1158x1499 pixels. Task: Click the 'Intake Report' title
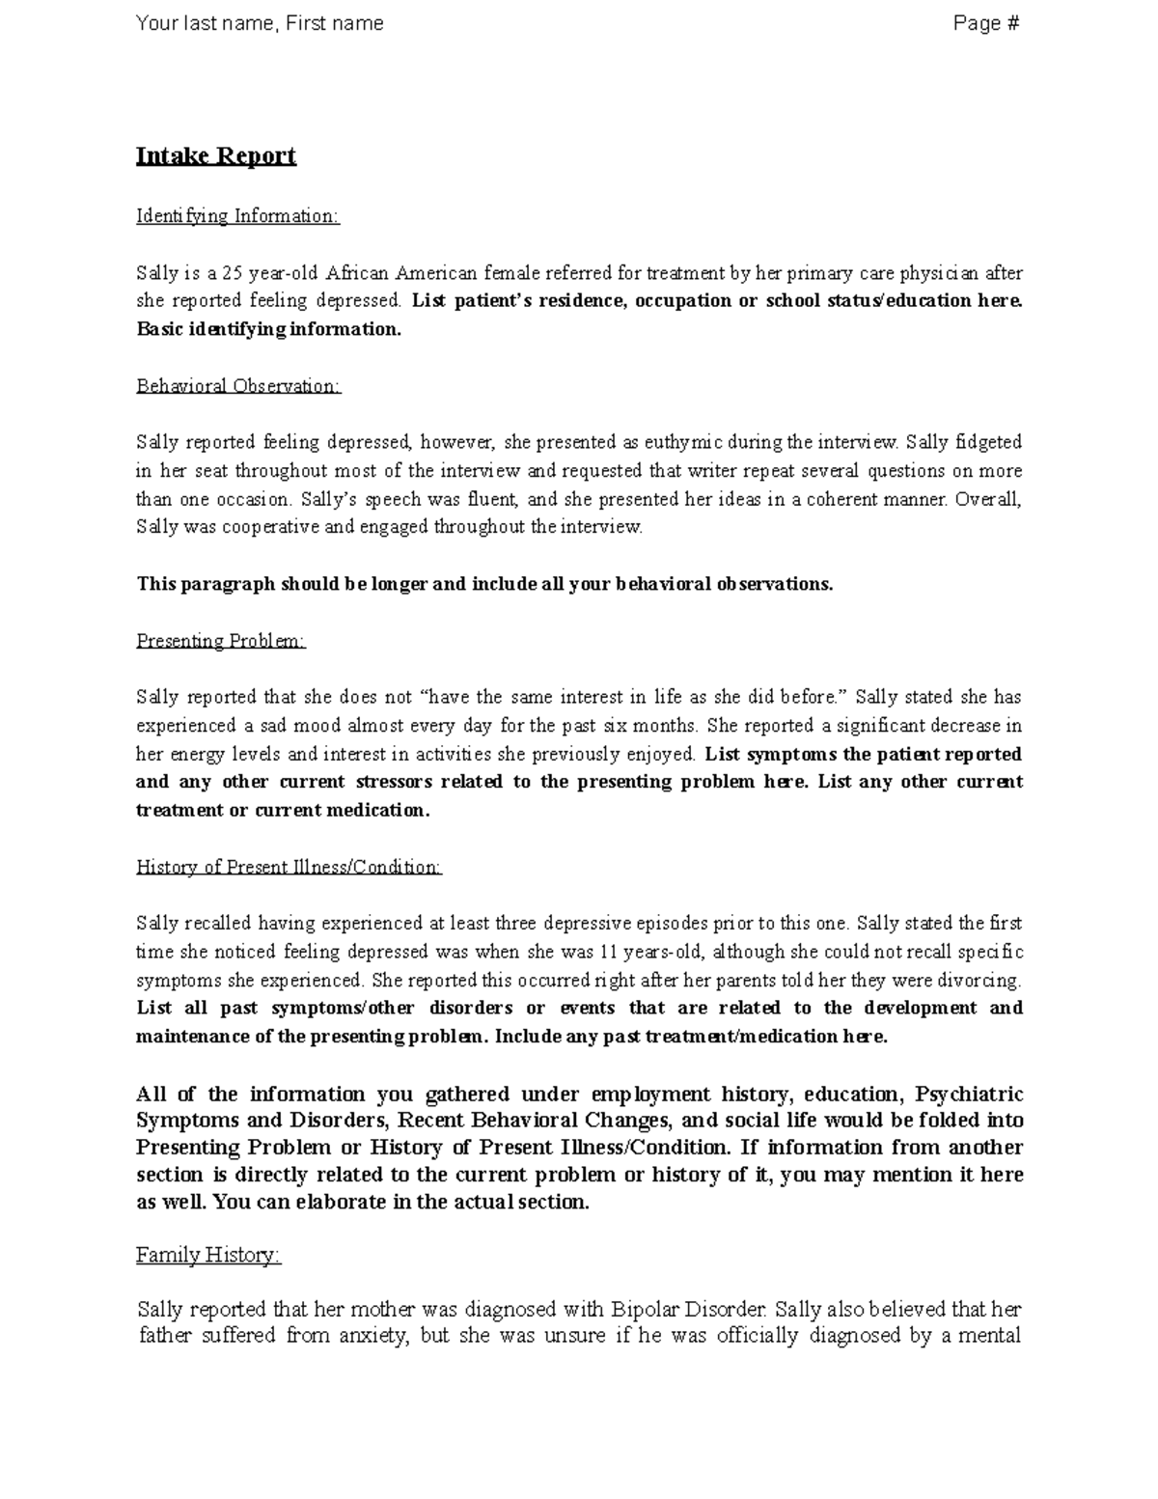coord(215,156)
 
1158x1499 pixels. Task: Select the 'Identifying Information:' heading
coord(237,216)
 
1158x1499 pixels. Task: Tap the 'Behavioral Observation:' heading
coord(238,386)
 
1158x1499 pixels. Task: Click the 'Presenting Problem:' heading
coord(220,641)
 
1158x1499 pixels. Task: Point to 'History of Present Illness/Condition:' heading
coord(289,867)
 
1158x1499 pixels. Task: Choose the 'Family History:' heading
coord(207,1255)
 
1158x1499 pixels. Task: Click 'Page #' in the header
coord(985,23)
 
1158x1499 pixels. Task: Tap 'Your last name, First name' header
coord(260,23)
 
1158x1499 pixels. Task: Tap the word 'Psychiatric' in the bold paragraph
coord(968,1095)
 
